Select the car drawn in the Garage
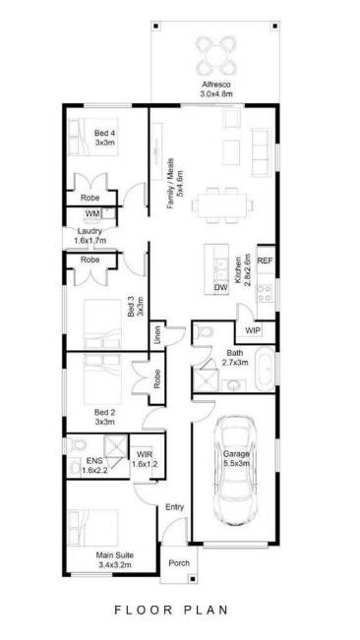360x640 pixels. pyautogui.click(x=235, y=471)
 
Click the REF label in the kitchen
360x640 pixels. pyautogui.click(x=265, y=262)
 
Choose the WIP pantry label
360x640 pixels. pyautogui.click(x=253, y=331)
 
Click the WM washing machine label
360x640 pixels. pyautogui.click(x=91, y=213)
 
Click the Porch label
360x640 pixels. pyautogui.click(x=179, y=563)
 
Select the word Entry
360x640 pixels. pyautogui.click(x=175, y=507)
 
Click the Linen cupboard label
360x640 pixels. pyautogui.click(x=156, y=334)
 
